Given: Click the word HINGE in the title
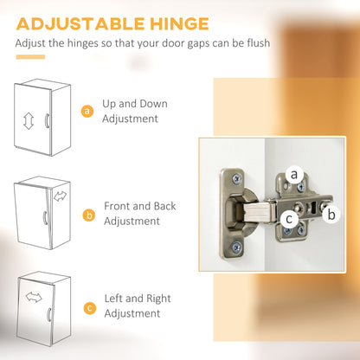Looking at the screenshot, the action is [179, 24].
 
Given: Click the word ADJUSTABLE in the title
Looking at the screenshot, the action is [80, 24].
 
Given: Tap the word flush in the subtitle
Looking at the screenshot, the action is [259, 43].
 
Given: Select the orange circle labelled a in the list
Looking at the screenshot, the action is [87, 111].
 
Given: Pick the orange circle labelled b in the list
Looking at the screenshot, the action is [89, 215].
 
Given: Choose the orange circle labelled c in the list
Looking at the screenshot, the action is [90, 308].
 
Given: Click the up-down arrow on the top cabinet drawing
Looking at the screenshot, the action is [29, 121].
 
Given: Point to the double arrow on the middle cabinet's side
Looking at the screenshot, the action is [60, 196].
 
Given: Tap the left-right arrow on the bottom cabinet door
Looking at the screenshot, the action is [34, 297].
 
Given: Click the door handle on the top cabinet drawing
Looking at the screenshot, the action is [47, 120].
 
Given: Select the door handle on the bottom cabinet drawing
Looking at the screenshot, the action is [49, 315].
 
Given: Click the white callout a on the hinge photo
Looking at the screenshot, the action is [294, 174].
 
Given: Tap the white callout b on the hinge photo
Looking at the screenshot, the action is [331, 215].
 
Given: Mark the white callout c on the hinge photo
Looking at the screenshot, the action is [289, 219].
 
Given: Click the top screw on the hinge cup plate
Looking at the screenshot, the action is [237, 179].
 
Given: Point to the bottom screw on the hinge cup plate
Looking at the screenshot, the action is [237, 247].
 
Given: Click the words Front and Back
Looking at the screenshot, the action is [140, 206].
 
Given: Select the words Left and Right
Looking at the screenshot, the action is [138, 299].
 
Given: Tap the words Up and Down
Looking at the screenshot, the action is [135, 104].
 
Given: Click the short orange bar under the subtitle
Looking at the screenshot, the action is [30, 57].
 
